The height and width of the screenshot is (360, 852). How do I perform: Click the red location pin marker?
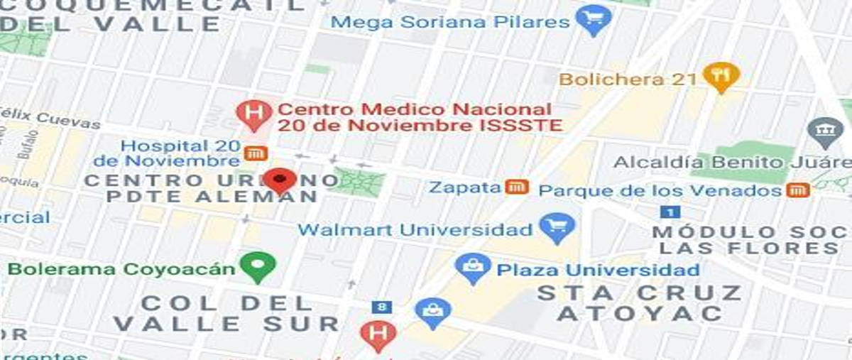point(282,179)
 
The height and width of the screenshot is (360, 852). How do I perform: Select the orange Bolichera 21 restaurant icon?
point(721,76)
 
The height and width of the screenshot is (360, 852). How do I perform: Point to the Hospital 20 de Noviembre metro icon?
point(255,153)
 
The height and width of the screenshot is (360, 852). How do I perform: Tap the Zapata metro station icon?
point(517,187)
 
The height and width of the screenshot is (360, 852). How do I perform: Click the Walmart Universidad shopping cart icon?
point(557,229)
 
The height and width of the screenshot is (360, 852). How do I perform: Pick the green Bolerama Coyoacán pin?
point(257,267)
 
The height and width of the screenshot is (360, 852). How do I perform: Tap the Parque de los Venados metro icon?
point(799,190)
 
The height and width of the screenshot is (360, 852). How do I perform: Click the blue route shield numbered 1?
point(670,212)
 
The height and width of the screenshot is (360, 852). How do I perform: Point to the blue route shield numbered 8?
point(382,307)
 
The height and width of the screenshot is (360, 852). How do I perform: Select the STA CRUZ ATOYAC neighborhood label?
point(639,302)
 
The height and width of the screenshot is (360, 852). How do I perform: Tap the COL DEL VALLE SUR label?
point(226,313)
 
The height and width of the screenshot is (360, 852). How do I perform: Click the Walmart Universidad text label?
point(415,230)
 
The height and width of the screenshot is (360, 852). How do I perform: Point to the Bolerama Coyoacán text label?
point(121,269)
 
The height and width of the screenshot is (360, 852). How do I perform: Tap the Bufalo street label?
point(28,148)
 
